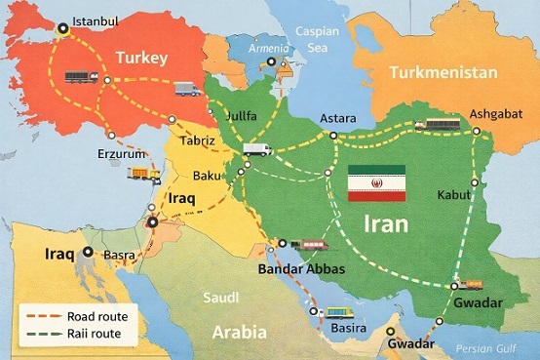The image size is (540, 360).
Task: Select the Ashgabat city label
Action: (x=497, y=113)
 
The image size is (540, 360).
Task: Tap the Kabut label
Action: (x=455, y=195)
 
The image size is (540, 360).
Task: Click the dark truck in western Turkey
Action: (x=79, y=76)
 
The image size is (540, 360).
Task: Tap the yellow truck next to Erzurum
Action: (x=144, y=174)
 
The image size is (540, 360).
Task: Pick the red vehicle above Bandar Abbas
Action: (x=313, y=244)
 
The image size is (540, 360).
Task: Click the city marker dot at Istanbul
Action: (x=64, y=28)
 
